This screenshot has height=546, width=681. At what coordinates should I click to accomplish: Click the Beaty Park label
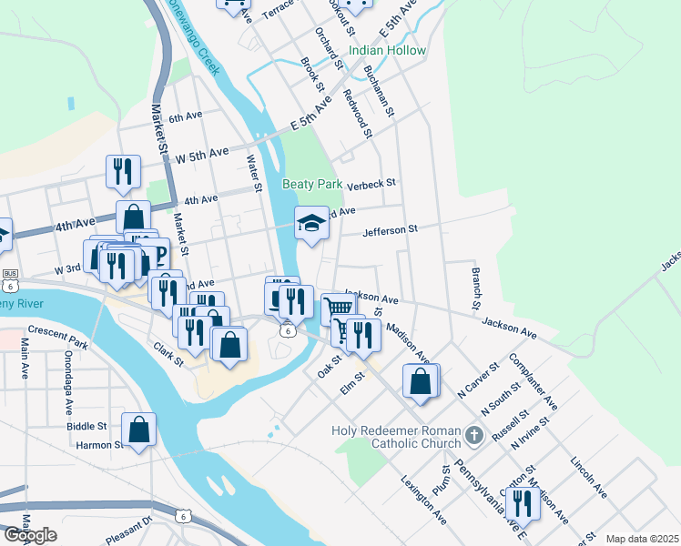(x=311, y=184)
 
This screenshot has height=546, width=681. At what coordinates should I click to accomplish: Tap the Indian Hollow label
(x=387, y=50)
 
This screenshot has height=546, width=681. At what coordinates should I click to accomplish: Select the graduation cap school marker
(x=310, y=223)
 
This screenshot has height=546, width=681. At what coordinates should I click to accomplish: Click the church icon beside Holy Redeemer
(x=473, y=436)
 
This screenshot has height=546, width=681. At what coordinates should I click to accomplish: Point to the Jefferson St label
(x=389, y=230)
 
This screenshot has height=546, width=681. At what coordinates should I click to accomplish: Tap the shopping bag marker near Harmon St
(x=137, y=430)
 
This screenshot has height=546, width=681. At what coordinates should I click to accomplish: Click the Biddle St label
(x=86, y=425)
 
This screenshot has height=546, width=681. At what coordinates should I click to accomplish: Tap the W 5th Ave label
(x=201, y=156)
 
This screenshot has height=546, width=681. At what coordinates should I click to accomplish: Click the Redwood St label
(x=359, y=113)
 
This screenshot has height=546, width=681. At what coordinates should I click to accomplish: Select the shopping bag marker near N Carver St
(x=421, y=380)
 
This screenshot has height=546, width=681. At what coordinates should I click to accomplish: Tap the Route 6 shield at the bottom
(x=183, y=516)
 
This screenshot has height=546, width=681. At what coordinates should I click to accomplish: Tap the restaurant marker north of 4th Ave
(x=121, y=170)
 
